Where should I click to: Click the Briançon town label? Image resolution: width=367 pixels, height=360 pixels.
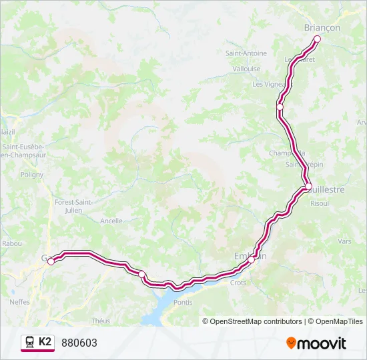pyautogui.click(x=322, y=27)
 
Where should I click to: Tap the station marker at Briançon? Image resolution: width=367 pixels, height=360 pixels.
pyautogui.click(x=317, y=39)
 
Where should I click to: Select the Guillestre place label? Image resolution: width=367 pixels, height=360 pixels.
pyautogui.click(x=325, y=189)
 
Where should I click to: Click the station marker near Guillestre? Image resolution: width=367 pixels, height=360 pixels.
pyautogui.click(x=308, y=187)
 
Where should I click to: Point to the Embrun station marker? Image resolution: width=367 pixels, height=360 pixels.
pyautogui.click(x=254, y=260)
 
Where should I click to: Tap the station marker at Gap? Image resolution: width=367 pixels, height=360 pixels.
pyautogui.click(x=51, y=261)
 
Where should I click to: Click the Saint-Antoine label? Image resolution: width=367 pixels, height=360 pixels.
pyautogui.click(x=246, y=53)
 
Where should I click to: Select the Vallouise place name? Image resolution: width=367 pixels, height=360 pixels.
pyautogui.click(x=246, y=69)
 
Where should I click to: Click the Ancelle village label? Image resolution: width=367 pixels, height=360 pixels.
pyautogui.click(x=111, y=221)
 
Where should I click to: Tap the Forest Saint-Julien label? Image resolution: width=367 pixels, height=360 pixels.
pyautogui.click(x=73, y=206)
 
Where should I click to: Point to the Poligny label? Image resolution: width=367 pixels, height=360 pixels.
pyautogui.click(x=31, y=175)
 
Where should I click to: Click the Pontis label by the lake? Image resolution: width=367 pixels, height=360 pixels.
pyautogui.click(x=182, y=303)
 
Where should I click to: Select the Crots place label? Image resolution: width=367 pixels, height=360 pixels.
pyautogui.click(x=238, y=283)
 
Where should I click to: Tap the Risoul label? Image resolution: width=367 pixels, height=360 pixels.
pyautogui.click(x=320, y=203)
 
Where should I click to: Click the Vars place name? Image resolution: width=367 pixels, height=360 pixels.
pyautogui.click(x=344, y=241)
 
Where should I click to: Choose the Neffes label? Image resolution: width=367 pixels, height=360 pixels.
pyautogui.click(x=19, y=301)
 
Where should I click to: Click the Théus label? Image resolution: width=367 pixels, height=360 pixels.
pyautogui.click(x=101, y=321)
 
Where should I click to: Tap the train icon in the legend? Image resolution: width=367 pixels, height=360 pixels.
pyautogui.click(x=29, y=343)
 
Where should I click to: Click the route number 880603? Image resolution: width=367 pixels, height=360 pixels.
pyautogui.click(x=79, y=343)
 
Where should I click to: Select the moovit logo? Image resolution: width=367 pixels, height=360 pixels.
pyautogui.click(x=316, y=343)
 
